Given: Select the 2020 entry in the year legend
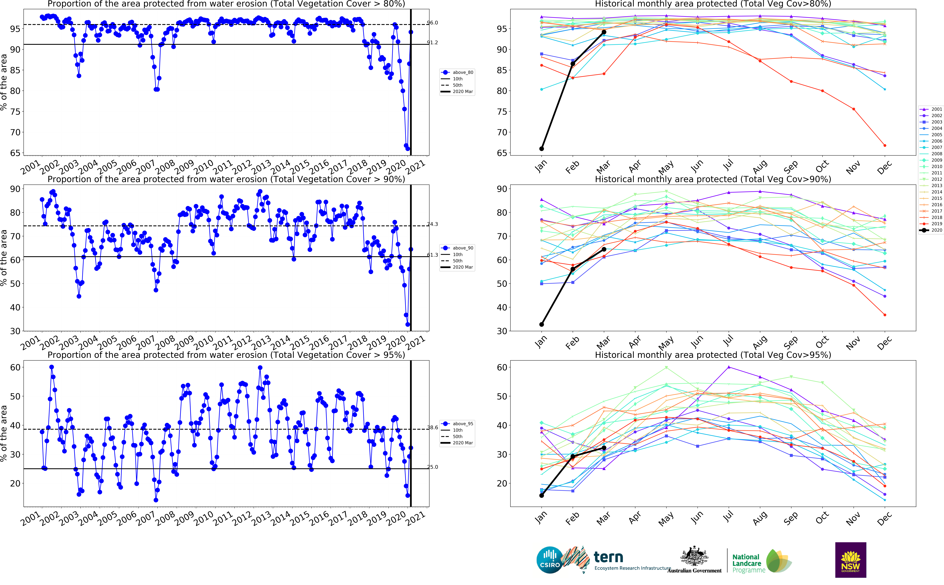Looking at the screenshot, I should pos(936,230).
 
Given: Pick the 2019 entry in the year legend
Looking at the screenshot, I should pos(936,224).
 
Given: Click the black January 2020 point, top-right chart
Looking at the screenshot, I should pos(542,149).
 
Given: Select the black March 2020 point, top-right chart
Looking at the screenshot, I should pos(604,32).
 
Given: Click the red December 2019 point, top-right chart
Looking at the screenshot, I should pos(885,145).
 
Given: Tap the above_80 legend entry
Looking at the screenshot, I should pos(462,72).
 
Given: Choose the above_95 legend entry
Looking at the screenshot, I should pos(462,424).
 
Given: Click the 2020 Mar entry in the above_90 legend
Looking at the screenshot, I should pos(462,267).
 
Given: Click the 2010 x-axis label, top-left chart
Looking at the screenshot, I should pos(203,167).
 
